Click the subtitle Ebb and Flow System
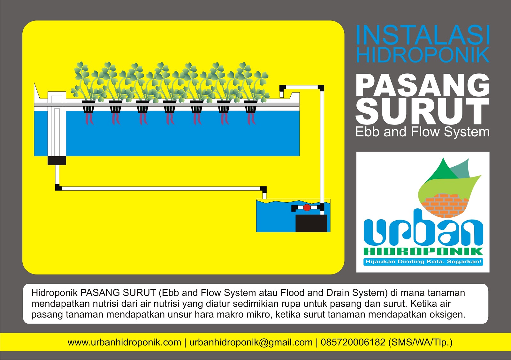coord(423,132)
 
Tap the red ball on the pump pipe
coord(307,208)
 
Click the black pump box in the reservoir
coord(311,223)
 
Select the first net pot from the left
coord(88,107)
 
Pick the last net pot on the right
coord(251,107)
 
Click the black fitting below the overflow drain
coord(57,161)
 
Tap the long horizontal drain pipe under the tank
coord(160,189)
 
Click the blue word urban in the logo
coord(423,228)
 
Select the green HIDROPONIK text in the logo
coord(423,252)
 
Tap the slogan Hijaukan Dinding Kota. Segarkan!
coord(423,262)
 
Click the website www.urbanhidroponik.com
coord(124,342)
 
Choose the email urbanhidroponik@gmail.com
coord(251,342)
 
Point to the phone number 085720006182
coord(353,342)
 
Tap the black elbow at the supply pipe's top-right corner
coord(321,88)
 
